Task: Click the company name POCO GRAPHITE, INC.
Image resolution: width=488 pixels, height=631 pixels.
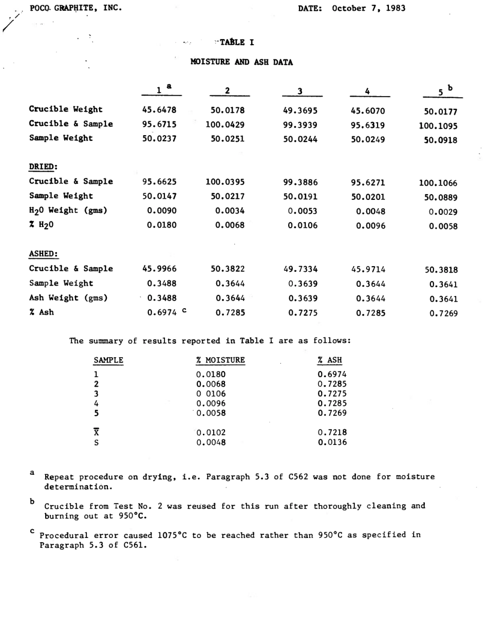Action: [x=76, y=8]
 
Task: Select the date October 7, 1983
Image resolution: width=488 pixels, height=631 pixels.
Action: [x=368, y=8]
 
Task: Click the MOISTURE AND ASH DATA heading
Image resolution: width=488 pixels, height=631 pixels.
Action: [x=241, y=63]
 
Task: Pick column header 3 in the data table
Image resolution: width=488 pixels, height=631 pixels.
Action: [x=299, y=91]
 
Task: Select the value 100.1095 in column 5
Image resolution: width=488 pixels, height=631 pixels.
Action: [x=438, y=125]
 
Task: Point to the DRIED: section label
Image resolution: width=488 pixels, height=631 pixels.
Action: [x=43, y=166]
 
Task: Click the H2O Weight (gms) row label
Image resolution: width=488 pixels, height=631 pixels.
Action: [x=67, y=210]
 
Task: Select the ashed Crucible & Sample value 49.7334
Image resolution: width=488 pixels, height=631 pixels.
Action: [x=300, y=269]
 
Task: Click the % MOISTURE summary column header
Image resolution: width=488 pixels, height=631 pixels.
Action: [x=220, y=360]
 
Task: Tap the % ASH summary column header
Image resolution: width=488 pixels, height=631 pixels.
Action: [x=330, y=360]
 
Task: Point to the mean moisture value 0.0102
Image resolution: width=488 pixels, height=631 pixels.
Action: [x=211, y=432]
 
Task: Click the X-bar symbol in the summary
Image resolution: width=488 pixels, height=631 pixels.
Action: [x=96, y=432]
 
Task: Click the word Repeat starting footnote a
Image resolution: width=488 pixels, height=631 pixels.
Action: [x=59, y=477]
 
